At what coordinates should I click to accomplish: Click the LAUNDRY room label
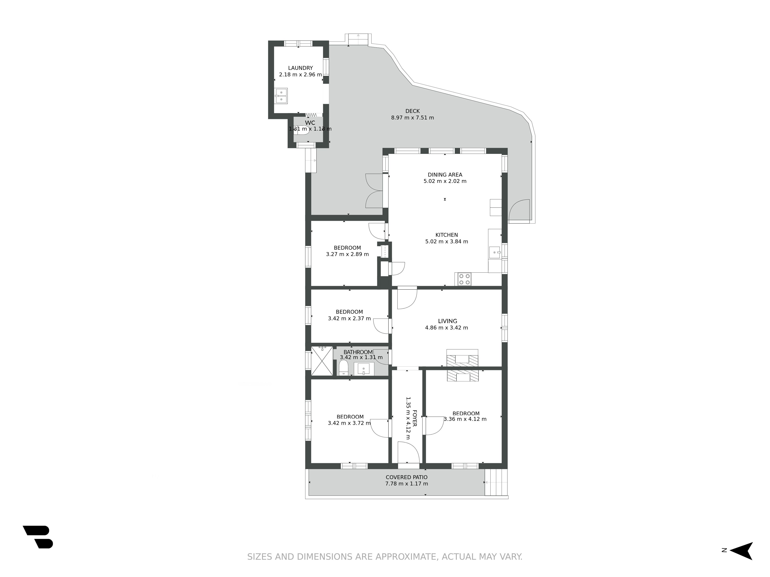(300, 68)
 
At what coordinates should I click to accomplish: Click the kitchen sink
(495, 253)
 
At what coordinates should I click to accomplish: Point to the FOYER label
(415, 418)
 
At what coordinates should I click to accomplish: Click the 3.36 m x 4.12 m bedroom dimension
(465, 419)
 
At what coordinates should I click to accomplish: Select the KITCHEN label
(447, 235)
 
